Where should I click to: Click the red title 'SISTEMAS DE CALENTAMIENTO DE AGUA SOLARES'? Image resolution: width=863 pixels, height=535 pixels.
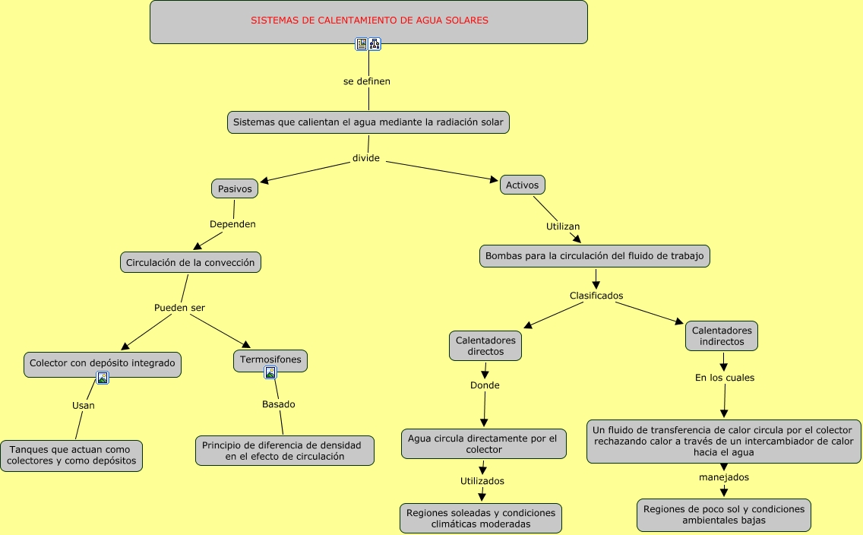pyautogui.click(x=369, y=21)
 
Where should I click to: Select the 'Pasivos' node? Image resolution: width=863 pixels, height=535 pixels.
pyautogui.click(x=235, y=188)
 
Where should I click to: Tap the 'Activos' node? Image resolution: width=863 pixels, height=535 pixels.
pyautogui.click(x=523, y=185)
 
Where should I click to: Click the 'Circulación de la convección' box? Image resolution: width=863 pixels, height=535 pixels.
pyautogui.click(x=191, y=262)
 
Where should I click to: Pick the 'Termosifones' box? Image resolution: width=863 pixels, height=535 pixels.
pyautogui.click(x=270, y=359)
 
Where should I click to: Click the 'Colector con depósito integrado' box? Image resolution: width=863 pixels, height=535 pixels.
pyautogui.click(x=103, y=363)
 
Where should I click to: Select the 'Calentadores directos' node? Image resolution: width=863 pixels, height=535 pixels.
pyautogui.click(x=485, y=346)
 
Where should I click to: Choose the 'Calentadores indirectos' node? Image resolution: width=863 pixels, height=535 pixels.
pyautogui.click(x=722, y=336)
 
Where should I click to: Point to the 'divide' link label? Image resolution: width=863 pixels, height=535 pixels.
pyautogui.click(x=366, y=158)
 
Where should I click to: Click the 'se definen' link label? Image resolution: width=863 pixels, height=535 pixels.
pyautogui.click(x=367, y=81)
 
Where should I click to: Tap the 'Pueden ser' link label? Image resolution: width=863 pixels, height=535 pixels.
pyautogui.click(x=180, y=308)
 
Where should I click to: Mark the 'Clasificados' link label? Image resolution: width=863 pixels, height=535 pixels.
pyautogui.click(x=596, y=296)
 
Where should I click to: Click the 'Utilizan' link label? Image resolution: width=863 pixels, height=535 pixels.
pyautogui.click(x=563, y=226)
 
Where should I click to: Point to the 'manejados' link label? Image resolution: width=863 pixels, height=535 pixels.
pyautogui.click(x=724, y=477)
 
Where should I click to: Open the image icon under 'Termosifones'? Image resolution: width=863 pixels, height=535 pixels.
pyautogui.click(x=270, y=372)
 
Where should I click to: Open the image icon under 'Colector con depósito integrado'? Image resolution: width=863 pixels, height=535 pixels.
pyautogui.click(x=103, y=378)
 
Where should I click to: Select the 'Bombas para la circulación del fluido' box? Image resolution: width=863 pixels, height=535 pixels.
pyautogui.click(x=596, y=256)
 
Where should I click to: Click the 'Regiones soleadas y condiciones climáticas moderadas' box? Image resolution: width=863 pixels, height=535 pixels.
pyautogui.click(x=481, y=518)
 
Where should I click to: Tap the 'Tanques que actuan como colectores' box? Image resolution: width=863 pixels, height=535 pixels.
pyautogui.click(x=71, y=455)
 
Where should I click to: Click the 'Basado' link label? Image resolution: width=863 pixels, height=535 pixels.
pyautogui.click(x=279, y=404)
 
